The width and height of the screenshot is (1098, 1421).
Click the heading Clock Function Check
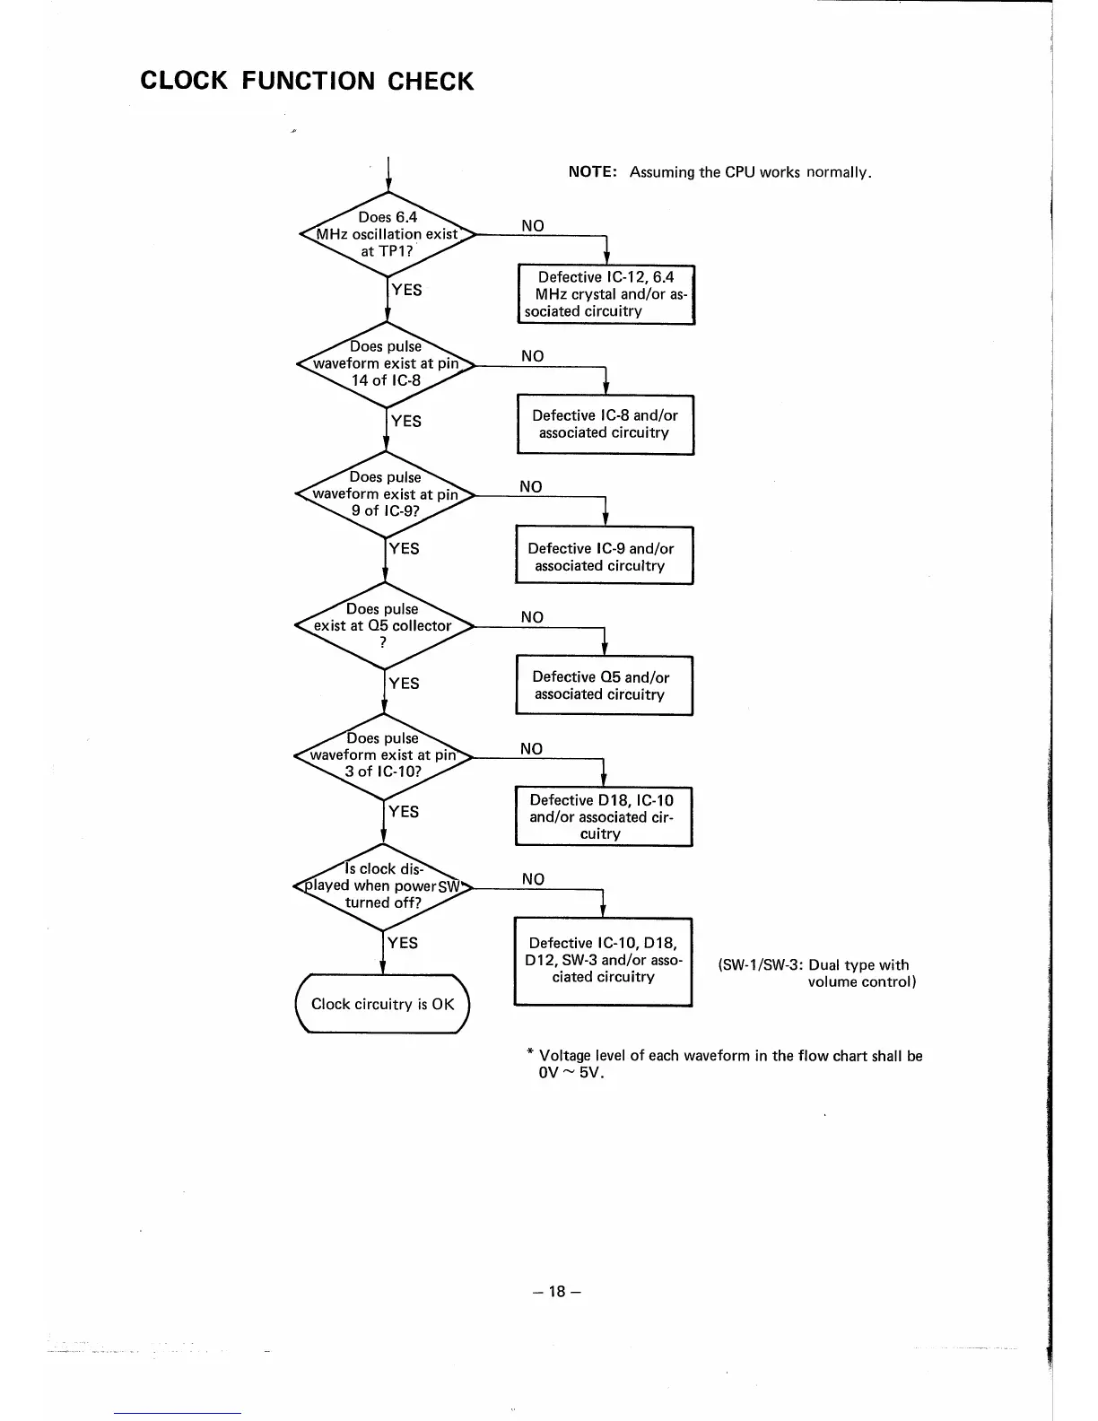coord(307,81)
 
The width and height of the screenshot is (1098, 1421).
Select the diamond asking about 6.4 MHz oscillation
coord(387,234)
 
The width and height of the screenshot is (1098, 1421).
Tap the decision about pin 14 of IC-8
coord(386,363)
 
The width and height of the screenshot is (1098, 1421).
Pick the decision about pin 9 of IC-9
coord(385,494)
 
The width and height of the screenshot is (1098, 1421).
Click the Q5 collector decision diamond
coord(383,625)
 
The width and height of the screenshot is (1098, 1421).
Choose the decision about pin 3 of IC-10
coord(383,755)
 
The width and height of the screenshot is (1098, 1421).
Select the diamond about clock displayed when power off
coord(383,885)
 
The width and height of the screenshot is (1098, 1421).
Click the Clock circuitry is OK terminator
coord(382,1004)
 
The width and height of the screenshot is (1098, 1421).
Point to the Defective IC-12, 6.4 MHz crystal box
coord(606,294)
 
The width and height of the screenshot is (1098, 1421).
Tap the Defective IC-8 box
coord(605,424)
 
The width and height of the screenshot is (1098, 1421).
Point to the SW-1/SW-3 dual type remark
coord(816,973)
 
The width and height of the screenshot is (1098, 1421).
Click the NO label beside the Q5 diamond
coord(532,617)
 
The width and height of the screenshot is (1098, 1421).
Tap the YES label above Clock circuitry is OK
coord(402,942)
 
